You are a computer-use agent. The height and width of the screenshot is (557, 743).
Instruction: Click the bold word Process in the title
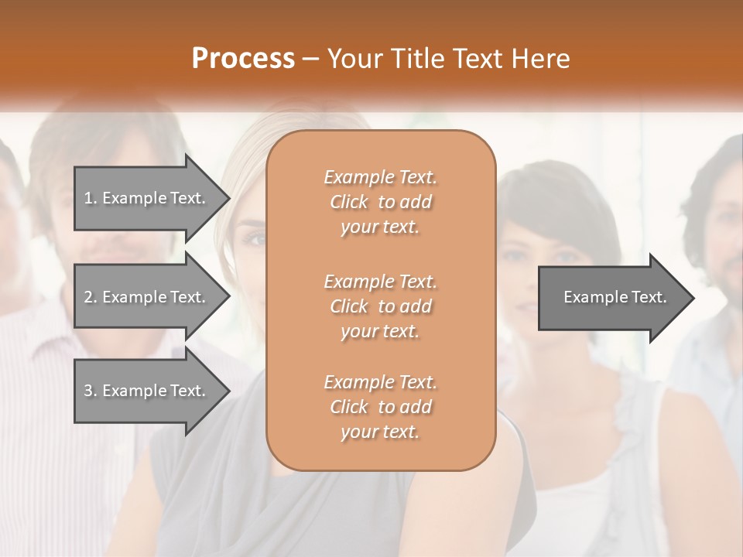point(243,59)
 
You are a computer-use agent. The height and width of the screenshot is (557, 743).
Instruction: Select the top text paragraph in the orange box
point(380,202)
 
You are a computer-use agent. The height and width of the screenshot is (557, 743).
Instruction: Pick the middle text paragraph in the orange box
point(380,306)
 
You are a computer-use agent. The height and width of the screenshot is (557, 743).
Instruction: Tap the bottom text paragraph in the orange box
point(380,407)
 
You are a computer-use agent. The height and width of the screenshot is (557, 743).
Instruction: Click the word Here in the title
point(542,59)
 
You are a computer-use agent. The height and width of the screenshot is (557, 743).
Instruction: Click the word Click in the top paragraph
point(349,202)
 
